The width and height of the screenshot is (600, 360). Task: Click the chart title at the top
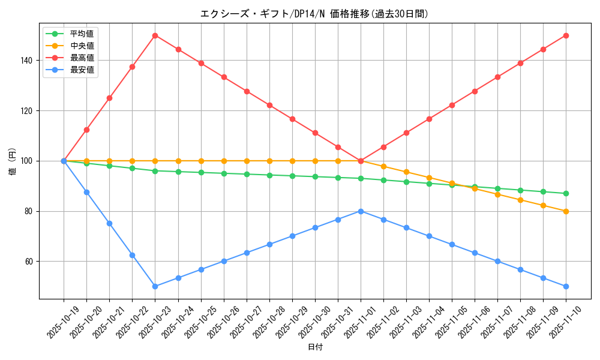314,14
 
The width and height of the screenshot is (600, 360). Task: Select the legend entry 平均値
82,34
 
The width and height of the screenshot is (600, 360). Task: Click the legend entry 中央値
82,46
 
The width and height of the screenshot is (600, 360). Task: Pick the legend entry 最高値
82,58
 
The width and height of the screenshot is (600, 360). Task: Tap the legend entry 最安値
82,70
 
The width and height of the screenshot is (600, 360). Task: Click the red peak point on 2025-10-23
155,35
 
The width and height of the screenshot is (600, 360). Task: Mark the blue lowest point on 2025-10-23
155,286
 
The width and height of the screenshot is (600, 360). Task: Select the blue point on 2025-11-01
361,211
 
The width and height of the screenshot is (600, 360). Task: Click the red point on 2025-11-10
566,35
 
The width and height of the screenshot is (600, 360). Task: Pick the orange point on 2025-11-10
566,211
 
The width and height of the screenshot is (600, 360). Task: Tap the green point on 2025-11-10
566,193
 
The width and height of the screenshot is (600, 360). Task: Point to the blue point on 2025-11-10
566,286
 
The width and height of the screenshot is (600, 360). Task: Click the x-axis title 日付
314,347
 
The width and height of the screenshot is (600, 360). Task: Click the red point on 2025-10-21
109,98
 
